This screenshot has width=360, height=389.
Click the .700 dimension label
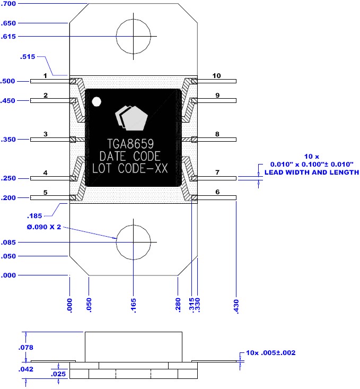coord(8,4)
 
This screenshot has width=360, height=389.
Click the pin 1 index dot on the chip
coord(96,101)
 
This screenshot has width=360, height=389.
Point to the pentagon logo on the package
coord(131,118)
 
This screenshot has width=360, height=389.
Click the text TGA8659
coord(130,144)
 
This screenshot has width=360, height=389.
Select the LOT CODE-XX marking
coord(130,168)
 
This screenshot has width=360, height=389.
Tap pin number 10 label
coord(216,76)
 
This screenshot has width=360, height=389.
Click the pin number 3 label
coord(46,134)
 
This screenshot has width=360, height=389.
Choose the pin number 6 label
coord(217,192)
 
